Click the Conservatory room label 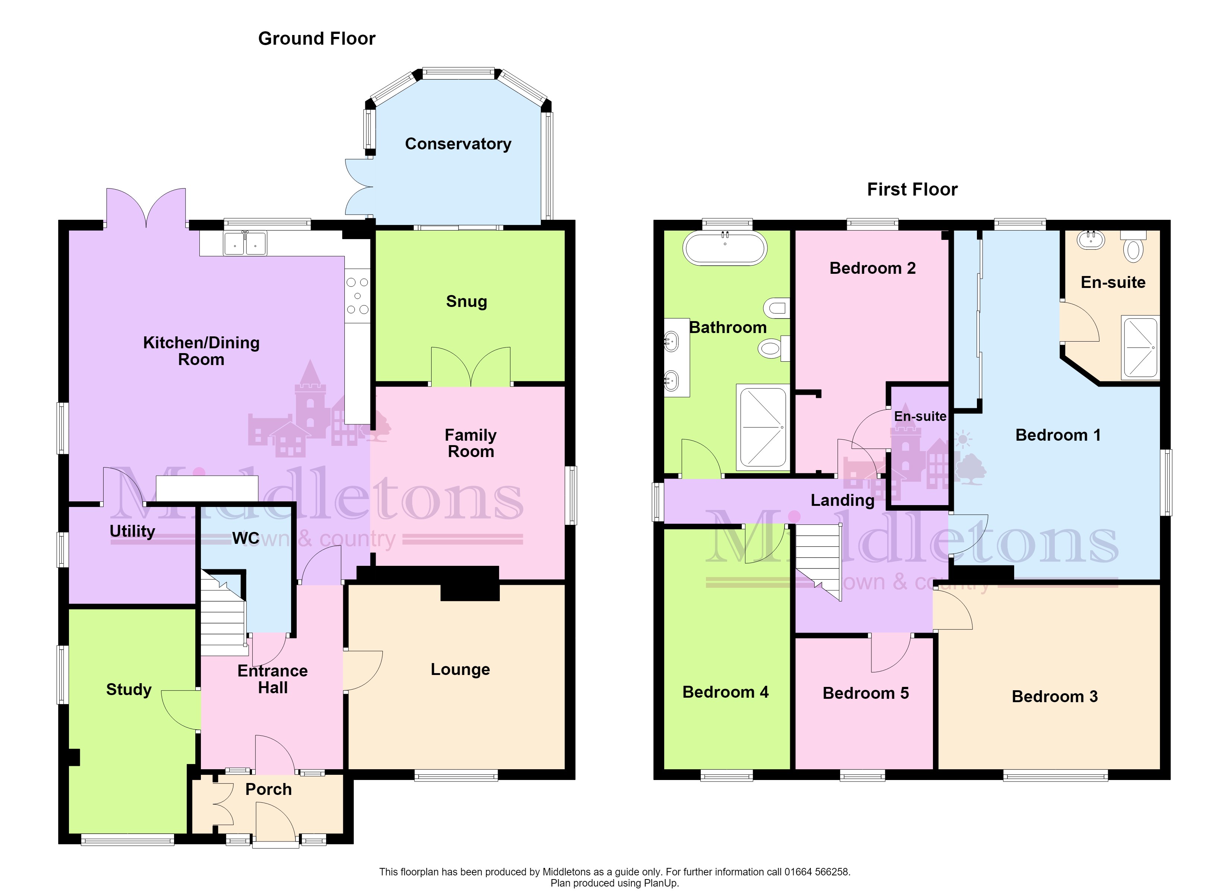[458, 144]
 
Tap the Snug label [466, 301]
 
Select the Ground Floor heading [317, 38]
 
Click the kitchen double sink [245, 243]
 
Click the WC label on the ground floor [246, 538]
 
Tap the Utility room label [132, 531]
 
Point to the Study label [129, 689]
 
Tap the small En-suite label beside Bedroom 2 [920, 416]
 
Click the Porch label [268, 789]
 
